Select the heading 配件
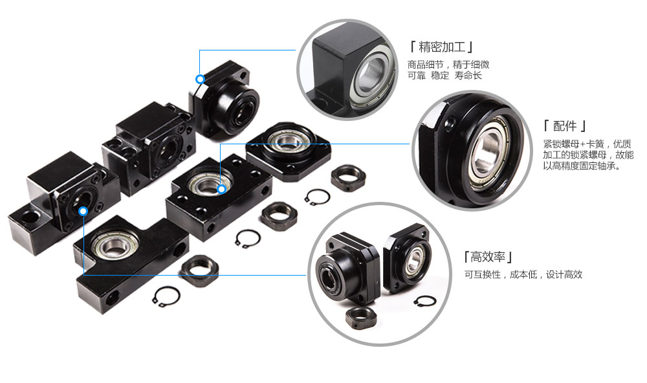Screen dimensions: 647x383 [565, 126]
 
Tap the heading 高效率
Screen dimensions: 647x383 [488, 257]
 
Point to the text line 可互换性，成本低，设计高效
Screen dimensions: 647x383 [523, 274]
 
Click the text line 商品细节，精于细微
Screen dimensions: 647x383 [448, 65]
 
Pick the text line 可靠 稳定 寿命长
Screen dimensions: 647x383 [445, 76]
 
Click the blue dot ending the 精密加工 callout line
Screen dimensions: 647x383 [200, 79]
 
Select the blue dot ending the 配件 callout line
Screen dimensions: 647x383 [221, 189]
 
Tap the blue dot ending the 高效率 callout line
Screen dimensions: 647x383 [83, 212]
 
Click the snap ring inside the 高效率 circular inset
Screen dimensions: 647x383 [425, 302]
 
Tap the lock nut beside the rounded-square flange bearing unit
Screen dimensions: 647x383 [348, 177]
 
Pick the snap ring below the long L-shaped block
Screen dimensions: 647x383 [166, 297]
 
